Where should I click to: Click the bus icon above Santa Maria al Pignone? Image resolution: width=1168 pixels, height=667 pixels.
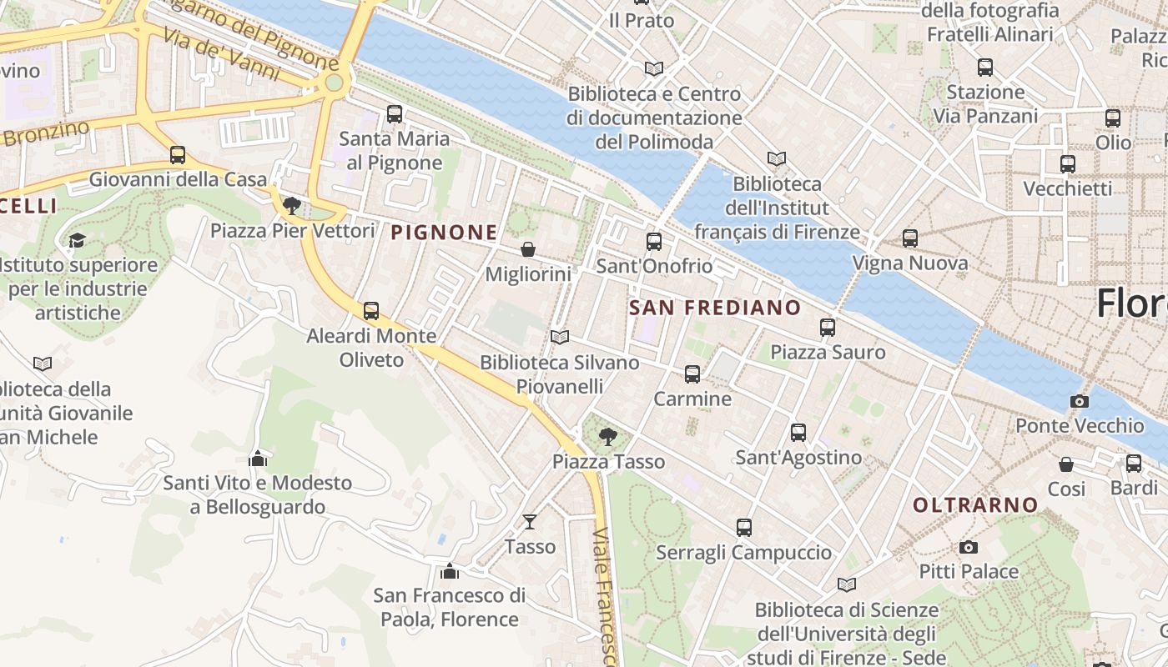(x=395, y=114)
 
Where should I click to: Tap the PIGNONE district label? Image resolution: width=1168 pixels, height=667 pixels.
(x=444, y=233)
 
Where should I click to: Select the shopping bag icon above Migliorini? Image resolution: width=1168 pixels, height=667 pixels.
(x=528, y=249)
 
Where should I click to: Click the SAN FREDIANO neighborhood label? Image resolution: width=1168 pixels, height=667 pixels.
(x=715, y=308)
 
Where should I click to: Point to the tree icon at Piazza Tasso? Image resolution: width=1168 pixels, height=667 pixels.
(x=608, y=436)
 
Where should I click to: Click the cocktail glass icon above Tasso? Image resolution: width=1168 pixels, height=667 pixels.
(x=530, y=522)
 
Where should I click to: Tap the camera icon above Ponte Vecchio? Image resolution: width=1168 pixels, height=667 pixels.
(x=1079, y=401)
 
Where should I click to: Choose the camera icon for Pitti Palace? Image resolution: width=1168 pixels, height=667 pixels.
(x=968, y=547)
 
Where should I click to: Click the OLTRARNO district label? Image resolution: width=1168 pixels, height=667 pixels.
(x=974, y=504)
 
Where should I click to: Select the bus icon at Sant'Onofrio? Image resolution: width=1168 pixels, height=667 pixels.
(x=654, y=242)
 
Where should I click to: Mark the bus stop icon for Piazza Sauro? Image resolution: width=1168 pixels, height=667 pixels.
(x=827, y=328)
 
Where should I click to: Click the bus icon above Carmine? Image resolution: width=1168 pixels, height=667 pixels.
(x=692, y=374)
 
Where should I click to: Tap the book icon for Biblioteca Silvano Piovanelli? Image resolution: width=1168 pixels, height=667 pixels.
(x=560, y=338)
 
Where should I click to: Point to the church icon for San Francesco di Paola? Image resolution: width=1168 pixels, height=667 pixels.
(x=450, y=571)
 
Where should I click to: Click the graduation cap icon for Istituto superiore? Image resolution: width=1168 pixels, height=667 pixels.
(x=77, y=240)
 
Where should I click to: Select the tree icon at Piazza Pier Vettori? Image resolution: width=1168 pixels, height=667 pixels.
(x=291, y=205)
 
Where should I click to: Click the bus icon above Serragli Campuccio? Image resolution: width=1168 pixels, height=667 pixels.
(x=743, y=528)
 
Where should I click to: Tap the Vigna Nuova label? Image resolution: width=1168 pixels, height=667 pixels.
(x=909, y=263)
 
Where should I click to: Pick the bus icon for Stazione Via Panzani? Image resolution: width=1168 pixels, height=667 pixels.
(x=985, y=68)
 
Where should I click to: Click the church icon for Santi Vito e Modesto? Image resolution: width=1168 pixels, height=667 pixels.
(x=258, y=459)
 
